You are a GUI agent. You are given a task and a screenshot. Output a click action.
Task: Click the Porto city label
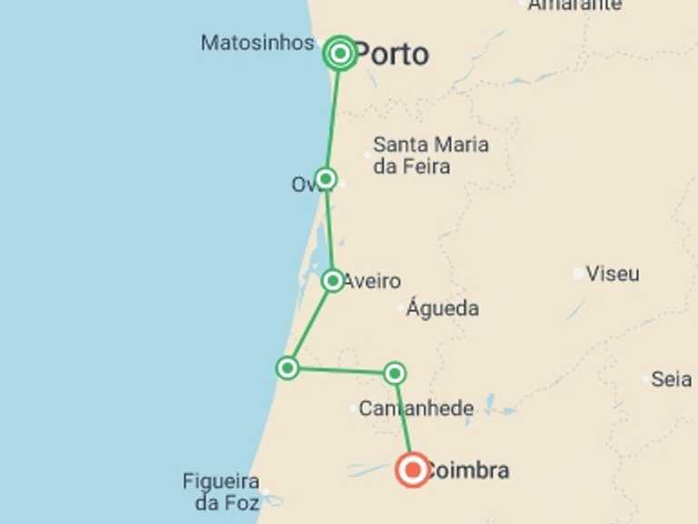(x=391, y=55)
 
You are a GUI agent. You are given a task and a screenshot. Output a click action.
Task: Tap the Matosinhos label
(x=257, y=43)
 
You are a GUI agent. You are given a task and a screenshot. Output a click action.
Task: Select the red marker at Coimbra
(x=413, y=470)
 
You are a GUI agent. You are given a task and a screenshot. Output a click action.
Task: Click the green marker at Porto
(x=340, y=54)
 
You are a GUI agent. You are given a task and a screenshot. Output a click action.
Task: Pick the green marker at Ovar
(x=325, y=178)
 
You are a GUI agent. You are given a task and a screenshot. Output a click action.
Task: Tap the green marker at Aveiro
(x=333, y=280)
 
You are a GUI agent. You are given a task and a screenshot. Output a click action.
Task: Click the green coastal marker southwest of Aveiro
(x=287, y=368)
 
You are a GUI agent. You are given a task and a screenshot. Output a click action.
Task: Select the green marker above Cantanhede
(x=394, y=373)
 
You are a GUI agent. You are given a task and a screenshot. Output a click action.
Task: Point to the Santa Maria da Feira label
(x=430, y=156)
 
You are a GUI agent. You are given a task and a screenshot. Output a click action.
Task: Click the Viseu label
(x=613, y=274)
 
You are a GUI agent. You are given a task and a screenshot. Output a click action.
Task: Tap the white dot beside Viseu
(x=578, y=273)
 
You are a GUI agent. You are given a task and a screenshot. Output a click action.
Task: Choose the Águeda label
(x=443, y=308)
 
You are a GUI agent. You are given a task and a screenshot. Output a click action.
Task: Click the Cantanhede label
(x=415, y=409)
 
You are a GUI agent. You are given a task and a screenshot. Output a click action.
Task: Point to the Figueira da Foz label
(x=221, y=491)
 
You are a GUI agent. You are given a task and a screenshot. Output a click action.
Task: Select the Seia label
(x=672, y=379)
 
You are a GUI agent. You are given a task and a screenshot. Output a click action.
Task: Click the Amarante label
(x=575, y=5)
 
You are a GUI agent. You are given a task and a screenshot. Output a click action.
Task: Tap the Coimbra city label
(x=467, y=471)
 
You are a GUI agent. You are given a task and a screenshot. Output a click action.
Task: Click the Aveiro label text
(x=372, y=281)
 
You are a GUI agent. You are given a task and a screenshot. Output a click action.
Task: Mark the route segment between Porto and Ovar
(x=333, y=116)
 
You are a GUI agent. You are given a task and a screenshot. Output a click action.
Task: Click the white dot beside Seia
(x=647, y=378)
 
